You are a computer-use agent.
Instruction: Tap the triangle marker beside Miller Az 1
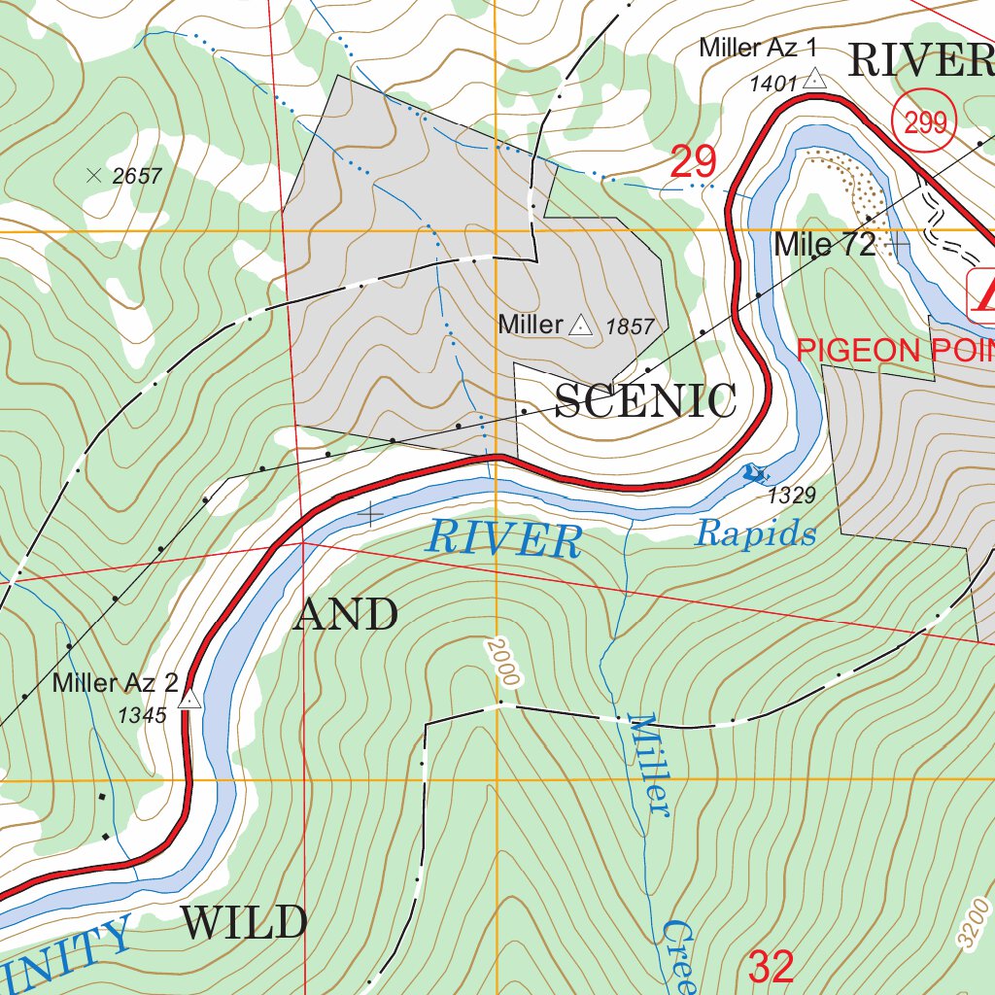814,80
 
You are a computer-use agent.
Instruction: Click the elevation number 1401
772,84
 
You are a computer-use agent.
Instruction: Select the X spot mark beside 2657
94,175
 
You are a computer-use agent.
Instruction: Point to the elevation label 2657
137,176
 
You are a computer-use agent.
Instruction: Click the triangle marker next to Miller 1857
580,326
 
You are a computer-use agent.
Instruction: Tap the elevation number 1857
630,327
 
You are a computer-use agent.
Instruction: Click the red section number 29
693,162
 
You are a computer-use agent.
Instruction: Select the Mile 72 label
824,245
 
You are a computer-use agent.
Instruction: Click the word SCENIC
645,401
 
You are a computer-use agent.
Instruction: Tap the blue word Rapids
755,533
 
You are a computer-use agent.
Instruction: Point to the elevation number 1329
791,497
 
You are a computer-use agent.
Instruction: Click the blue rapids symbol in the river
754,473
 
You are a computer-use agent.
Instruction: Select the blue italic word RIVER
503,539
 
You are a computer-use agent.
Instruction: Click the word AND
345,614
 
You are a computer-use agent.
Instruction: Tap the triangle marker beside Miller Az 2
190,699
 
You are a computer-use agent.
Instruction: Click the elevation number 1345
143,716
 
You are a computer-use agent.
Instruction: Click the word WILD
244,922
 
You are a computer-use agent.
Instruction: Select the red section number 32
772,967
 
